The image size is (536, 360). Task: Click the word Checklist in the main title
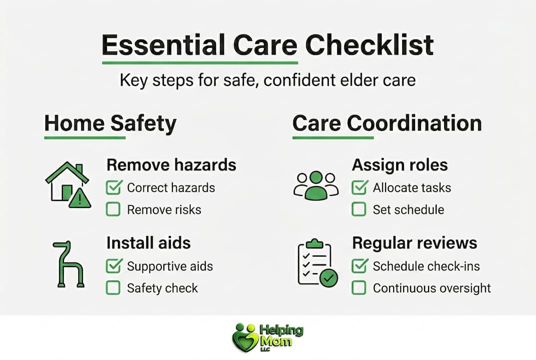click(x=369, y=45)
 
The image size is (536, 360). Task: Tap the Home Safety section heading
click(x=110, y=123)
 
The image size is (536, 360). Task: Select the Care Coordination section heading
click(x=387, y=123)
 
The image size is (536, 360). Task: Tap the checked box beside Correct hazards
click(x=113, y=187)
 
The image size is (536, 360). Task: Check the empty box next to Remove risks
click(x=113, y=209)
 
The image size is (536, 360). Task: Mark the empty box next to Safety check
click(x=113, y=288)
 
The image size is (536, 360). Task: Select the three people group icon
click(x=316, y=185)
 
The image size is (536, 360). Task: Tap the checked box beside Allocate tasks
click(x=359, y=187)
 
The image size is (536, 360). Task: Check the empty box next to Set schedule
click(x=359, y=209)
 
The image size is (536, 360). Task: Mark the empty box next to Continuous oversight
click(x=359, y=288)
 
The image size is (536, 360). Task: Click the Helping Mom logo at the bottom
click(x=268, y=337)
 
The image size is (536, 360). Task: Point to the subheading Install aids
click(x=148, y=243)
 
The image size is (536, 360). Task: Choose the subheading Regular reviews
click(x=415, y=243)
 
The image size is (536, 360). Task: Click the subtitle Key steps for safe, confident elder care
click(x=267, y=80)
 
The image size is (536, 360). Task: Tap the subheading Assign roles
click(x=400, y=164)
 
